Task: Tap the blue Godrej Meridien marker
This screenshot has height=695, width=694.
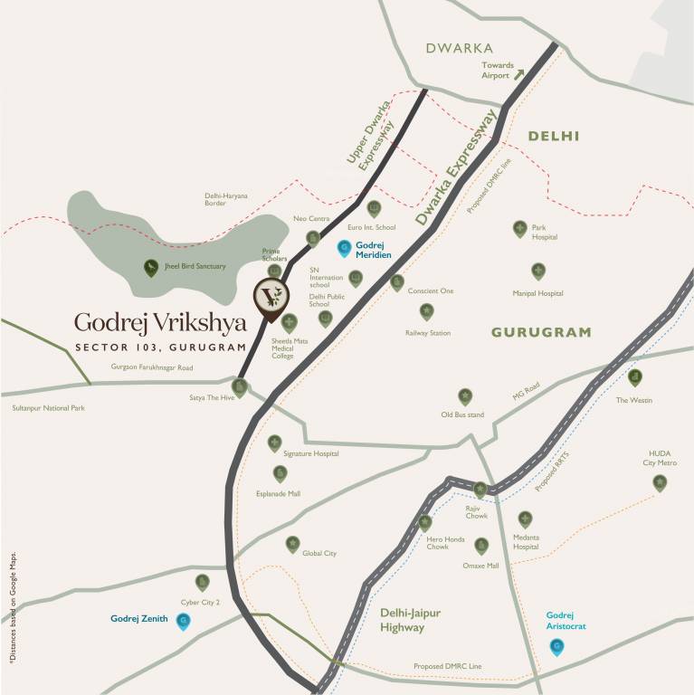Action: click(x=344, y=247)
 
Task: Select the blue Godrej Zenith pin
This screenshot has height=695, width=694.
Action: click(x=184, y=621)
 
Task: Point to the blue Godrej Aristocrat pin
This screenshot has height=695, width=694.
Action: click(x=557, y=646)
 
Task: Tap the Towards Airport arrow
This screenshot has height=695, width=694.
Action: click(x=519, y=74)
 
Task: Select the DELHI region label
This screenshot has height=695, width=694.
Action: click(x=554, y=136)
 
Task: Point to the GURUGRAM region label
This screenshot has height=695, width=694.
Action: click(x=541, y=332)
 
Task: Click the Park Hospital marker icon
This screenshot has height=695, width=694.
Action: click(x=520, y=228)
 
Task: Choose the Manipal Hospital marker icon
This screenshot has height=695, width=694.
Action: click(x=538, y=271)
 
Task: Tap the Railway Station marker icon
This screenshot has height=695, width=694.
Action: click(x=426, y=311)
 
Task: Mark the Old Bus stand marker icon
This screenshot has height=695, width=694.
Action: click(x=465, y=395)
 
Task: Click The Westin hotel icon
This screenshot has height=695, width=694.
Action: click(x=635, y=376)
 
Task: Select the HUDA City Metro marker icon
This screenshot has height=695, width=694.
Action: click(x=660, y=483)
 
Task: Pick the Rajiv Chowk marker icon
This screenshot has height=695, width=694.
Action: click(x=480, y=490)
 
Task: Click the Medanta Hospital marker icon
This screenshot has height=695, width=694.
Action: click(x=525, y=519)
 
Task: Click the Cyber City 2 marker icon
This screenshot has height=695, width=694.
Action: click(x=203, y=582)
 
